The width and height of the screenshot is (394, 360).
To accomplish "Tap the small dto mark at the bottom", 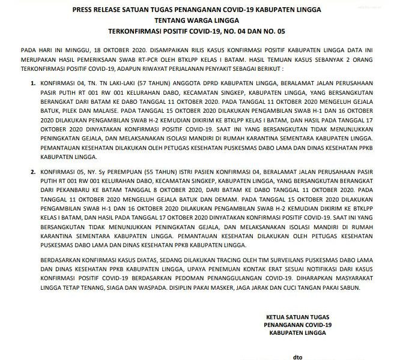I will [x=297, y=356].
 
